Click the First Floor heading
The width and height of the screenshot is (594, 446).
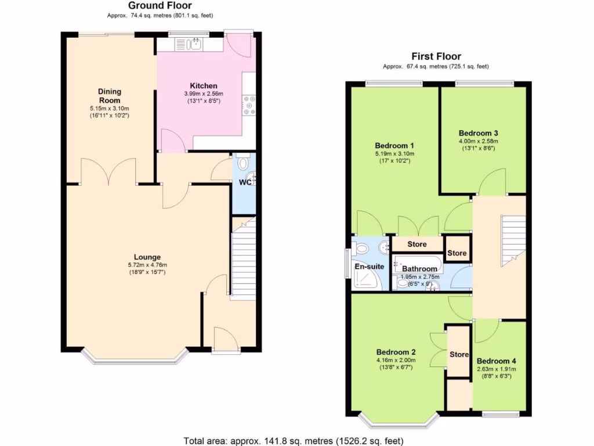tap(436, 56)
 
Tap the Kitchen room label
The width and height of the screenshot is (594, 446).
tap(204, 85)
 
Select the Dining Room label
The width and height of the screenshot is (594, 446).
tap(109, 95)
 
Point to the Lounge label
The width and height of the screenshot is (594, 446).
tap(147, 257)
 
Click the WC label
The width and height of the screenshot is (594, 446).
tap(245, 182)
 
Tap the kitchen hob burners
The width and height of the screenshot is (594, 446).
tap(250, 105)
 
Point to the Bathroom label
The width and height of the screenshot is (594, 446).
tap(419, 269)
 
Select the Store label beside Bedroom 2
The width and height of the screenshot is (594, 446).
tap(459, 354)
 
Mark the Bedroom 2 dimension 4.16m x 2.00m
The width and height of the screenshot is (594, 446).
tap(396, 360)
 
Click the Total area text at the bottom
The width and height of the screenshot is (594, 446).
tap(294, 440)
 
